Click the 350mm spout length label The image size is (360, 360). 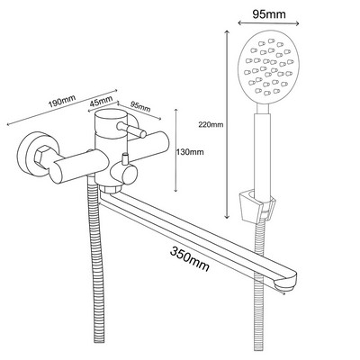(x=190, y=258)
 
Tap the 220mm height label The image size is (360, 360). (x=211, y=124)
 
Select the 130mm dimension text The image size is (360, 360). (x=191, y=152)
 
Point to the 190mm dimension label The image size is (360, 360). (x=62, y=101)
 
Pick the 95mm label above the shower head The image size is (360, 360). (x=269, y=13)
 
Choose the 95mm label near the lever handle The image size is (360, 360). (x=140, y=106)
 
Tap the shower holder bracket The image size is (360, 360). (x=256, y=207)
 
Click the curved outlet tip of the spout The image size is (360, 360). (x=289, y=280)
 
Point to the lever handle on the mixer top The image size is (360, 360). (x=131, y=129)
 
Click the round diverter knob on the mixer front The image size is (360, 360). (x=123, y=174)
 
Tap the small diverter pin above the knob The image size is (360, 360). (x=124, y=158)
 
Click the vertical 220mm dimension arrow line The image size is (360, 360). (x=227, y=124)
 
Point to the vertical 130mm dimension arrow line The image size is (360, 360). (x=176, y=150)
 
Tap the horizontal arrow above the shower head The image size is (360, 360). (x=268, y=23)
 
